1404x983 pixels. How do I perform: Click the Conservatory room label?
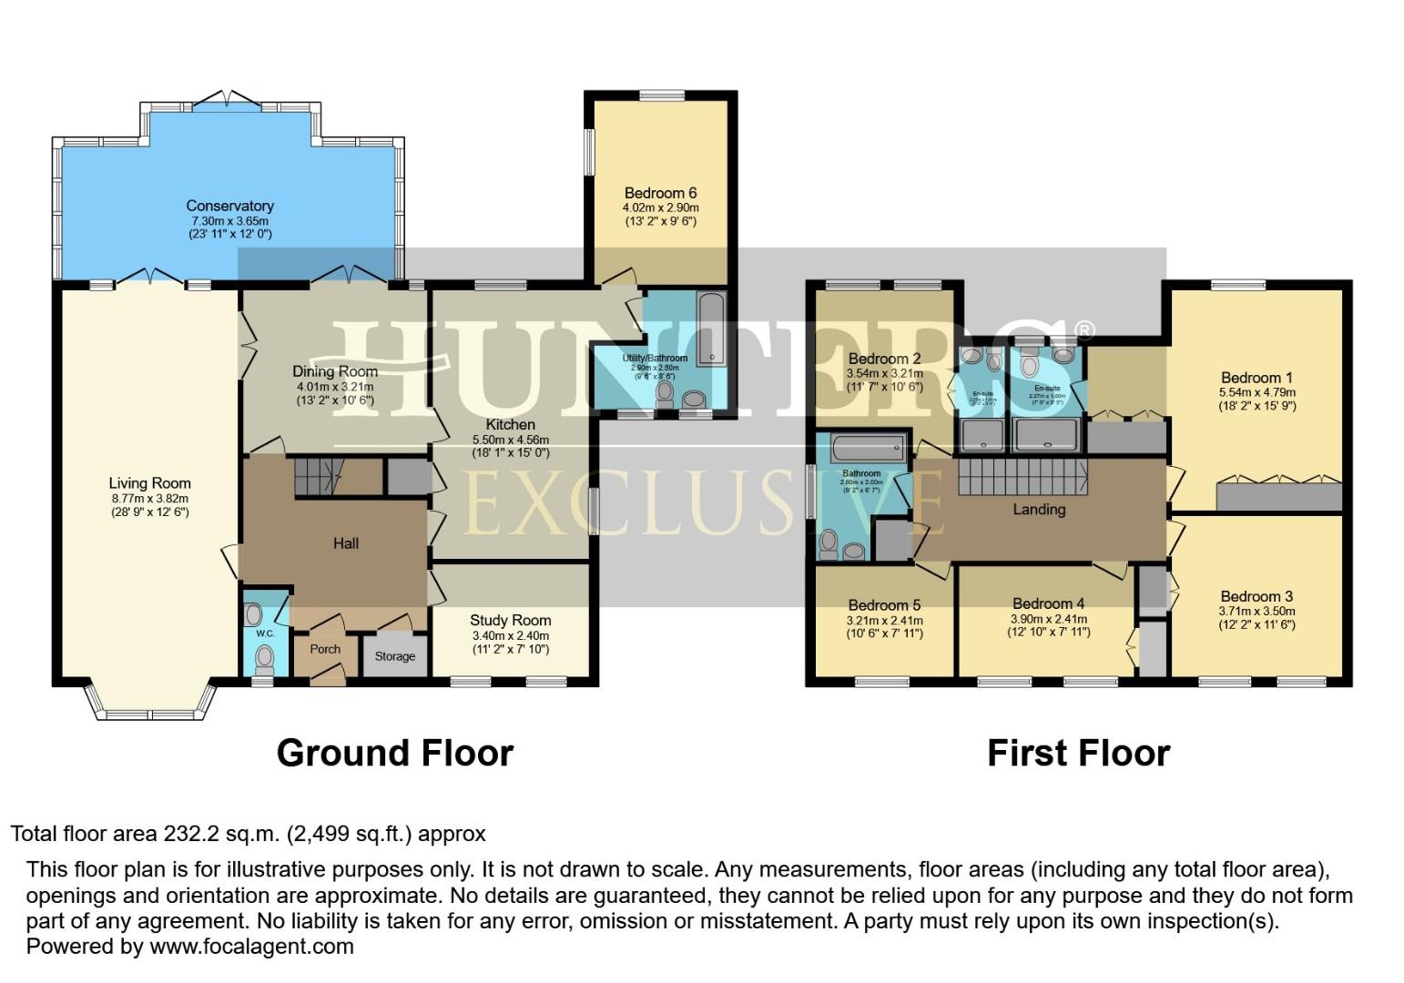click(x=229, y=207)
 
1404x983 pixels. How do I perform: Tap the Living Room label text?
click(x=149, y=483)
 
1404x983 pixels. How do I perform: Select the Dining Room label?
click(x=334, y=371)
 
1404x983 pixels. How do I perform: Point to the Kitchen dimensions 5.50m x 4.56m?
click(x=510, y=440)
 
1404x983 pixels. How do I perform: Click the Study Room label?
click(x=510, y=620)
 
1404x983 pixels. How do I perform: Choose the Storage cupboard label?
click(x=394, y=656)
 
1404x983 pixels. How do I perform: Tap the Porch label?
click(x=325, y=649)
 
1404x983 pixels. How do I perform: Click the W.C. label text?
click(x=265, y=633)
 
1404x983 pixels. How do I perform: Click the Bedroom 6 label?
click(x=660, y=193)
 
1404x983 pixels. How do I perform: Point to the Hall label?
click(x=345, y=543)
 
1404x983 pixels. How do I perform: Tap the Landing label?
click(x=1039, y=510)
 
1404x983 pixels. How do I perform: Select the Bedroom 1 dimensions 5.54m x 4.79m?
click(x=1256, y=393)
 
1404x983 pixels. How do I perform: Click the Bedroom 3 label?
click(x=1256, y=597)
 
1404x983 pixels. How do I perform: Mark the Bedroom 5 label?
click(x=884, y=605)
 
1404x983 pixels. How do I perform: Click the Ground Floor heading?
click(x=394, y=753)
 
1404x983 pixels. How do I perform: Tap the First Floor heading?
click(x=1078, y=753)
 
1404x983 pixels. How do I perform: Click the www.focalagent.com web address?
click(x=251, y=946)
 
